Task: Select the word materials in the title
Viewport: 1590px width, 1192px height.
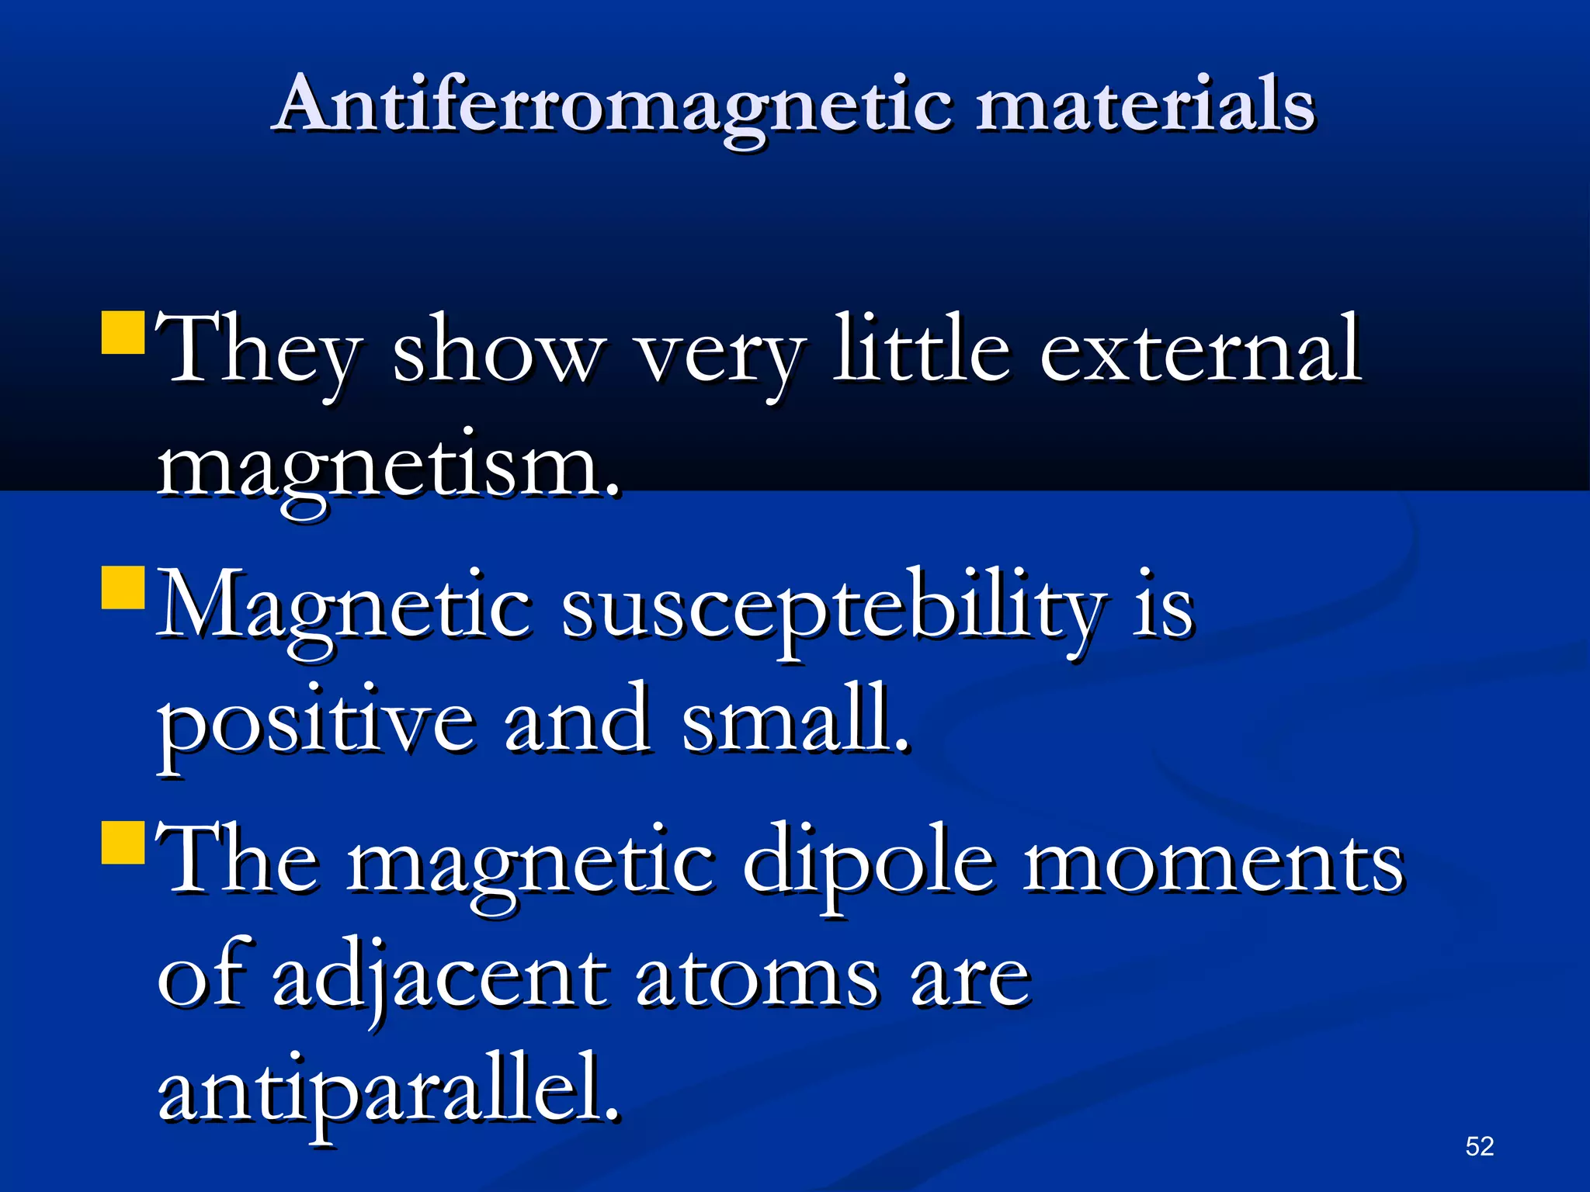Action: [1145, 105]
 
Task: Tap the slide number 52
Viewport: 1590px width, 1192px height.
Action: [1479, 1146]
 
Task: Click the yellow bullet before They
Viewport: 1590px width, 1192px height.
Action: [123, 333]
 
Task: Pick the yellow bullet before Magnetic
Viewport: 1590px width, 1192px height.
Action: [123, 587]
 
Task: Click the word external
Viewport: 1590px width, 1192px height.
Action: [1199, 349]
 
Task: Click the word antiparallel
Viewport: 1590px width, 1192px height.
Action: [388, 1090]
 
